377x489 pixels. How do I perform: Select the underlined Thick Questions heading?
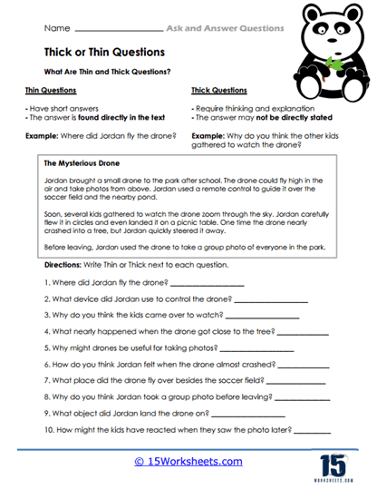coord(218,91)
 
